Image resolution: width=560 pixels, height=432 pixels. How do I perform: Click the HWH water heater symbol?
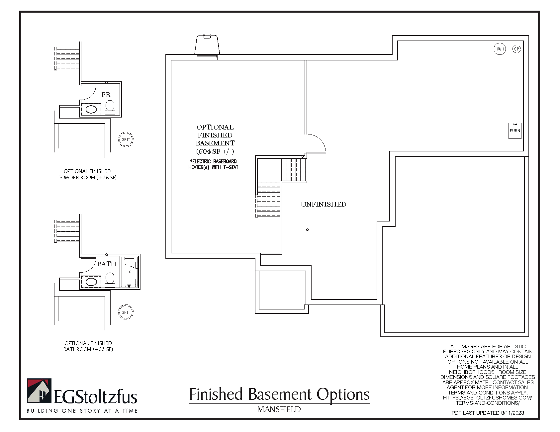click(500, 49)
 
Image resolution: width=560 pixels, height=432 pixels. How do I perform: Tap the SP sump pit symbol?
click(516, 49)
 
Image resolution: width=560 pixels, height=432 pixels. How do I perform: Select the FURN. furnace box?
click(515, 130)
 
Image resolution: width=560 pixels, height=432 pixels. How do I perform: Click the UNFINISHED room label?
click(324, 204)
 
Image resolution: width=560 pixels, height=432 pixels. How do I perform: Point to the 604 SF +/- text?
click(215, 151)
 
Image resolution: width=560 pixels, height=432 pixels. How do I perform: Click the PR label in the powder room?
click(106, 95)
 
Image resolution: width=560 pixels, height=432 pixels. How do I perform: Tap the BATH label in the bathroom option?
click(107, 264)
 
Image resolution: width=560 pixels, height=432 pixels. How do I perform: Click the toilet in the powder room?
click(110, 107)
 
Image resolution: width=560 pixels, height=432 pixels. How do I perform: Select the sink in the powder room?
click(91, 109)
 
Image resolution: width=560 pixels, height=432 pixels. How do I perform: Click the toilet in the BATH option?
click(110, 279)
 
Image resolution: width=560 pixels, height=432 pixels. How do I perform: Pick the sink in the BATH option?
click(91, 282)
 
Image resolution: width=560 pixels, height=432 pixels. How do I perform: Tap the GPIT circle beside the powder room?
click(126, 139)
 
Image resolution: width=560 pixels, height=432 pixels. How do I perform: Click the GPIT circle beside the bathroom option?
click(126, 312)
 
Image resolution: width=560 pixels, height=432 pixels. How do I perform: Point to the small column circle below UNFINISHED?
click(308, 229)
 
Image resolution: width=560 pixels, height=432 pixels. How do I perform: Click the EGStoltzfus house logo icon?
click(39, 391)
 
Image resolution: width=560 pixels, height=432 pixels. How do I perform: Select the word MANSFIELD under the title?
click(279, 409)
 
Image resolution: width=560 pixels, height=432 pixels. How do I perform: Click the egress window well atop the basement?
click(207, 45)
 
